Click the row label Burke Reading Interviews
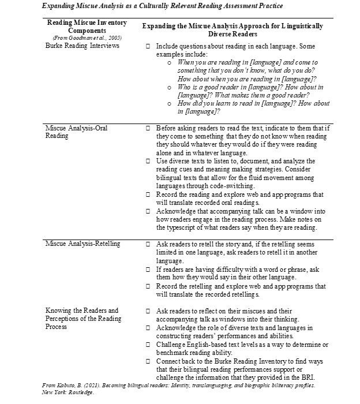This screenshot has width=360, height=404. click(82, 46)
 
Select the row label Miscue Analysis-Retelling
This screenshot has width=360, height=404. click(82, 244)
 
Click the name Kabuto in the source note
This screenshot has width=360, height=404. click(65, 384)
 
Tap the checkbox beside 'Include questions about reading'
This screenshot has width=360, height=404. click(148, 46)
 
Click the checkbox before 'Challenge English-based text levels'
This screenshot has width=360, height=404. click(148, 345)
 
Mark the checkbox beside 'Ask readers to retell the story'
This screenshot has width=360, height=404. click(148, 244)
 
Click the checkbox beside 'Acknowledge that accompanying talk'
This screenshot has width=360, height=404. click(148, 212)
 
